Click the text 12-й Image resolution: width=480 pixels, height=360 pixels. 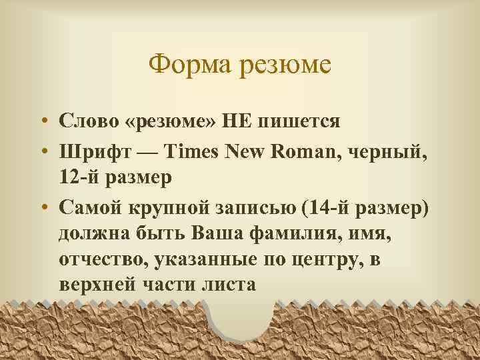[x=77, y=178]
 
